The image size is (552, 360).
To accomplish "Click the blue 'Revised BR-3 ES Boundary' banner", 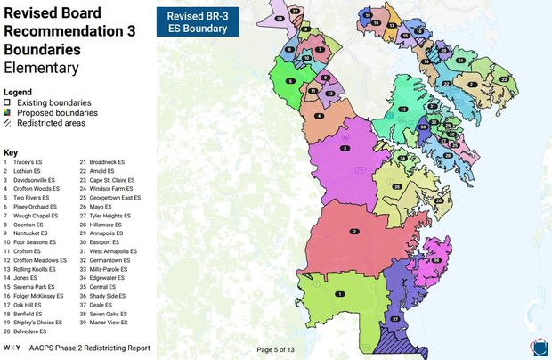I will pos(199,22).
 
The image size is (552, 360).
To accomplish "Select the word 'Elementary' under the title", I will pos(40,68).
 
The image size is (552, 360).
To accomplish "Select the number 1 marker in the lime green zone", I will pos(338,293).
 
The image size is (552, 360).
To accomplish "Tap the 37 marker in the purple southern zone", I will pos(394,318).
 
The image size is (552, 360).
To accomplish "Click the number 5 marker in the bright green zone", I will pos(290,81).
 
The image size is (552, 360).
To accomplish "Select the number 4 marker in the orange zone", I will pos(319,115).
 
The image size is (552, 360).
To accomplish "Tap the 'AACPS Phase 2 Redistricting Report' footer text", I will pos(90,348).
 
